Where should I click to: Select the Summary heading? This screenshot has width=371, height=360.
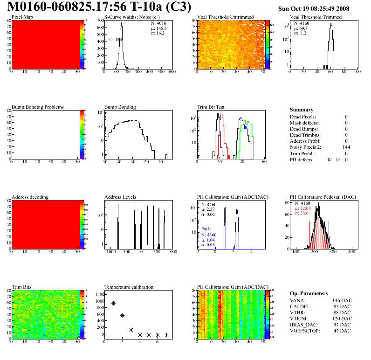pos(302,110)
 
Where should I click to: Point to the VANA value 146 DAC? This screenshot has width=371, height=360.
pos(341,301)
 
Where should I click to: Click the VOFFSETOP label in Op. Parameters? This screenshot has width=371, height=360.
pos(307,331)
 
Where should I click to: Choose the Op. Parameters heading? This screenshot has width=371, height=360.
pos(309,293)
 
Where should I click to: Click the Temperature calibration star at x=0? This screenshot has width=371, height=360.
pos(104,294)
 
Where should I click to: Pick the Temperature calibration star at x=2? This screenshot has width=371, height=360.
pos(122,315)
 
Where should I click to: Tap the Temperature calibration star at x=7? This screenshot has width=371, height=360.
pos(166,335)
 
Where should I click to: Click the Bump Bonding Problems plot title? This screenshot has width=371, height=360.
pos(38,107)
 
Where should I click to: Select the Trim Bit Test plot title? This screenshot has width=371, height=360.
pos(211,107)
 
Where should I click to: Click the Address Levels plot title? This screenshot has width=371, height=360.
pos(120,197)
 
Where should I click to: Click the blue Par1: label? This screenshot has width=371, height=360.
pos(207,229)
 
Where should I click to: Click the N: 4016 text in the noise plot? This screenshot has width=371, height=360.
pos(158,23)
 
